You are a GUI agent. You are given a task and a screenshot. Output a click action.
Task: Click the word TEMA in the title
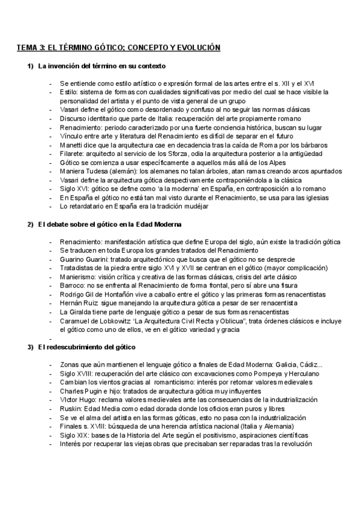coord(26,47)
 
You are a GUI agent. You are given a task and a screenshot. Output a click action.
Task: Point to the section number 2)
coord(31,224)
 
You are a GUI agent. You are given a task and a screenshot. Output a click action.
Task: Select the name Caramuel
coord(76,322)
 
